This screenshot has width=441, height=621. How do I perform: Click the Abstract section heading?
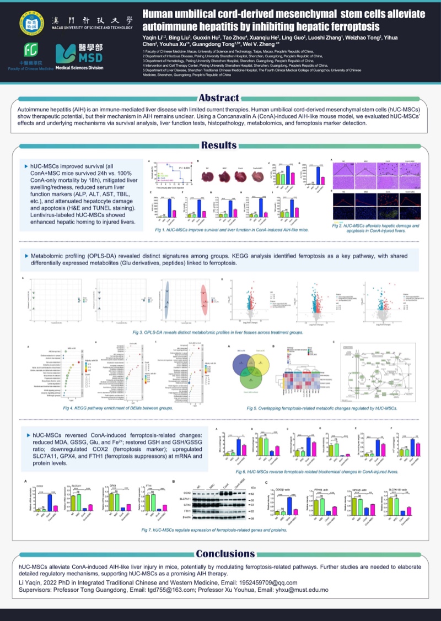point(219,98)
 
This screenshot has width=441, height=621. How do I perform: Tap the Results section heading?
point(219,145)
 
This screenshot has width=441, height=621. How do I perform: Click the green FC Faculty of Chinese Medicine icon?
point(31,50)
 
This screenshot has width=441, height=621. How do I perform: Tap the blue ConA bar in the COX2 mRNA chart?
point(50,504)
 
